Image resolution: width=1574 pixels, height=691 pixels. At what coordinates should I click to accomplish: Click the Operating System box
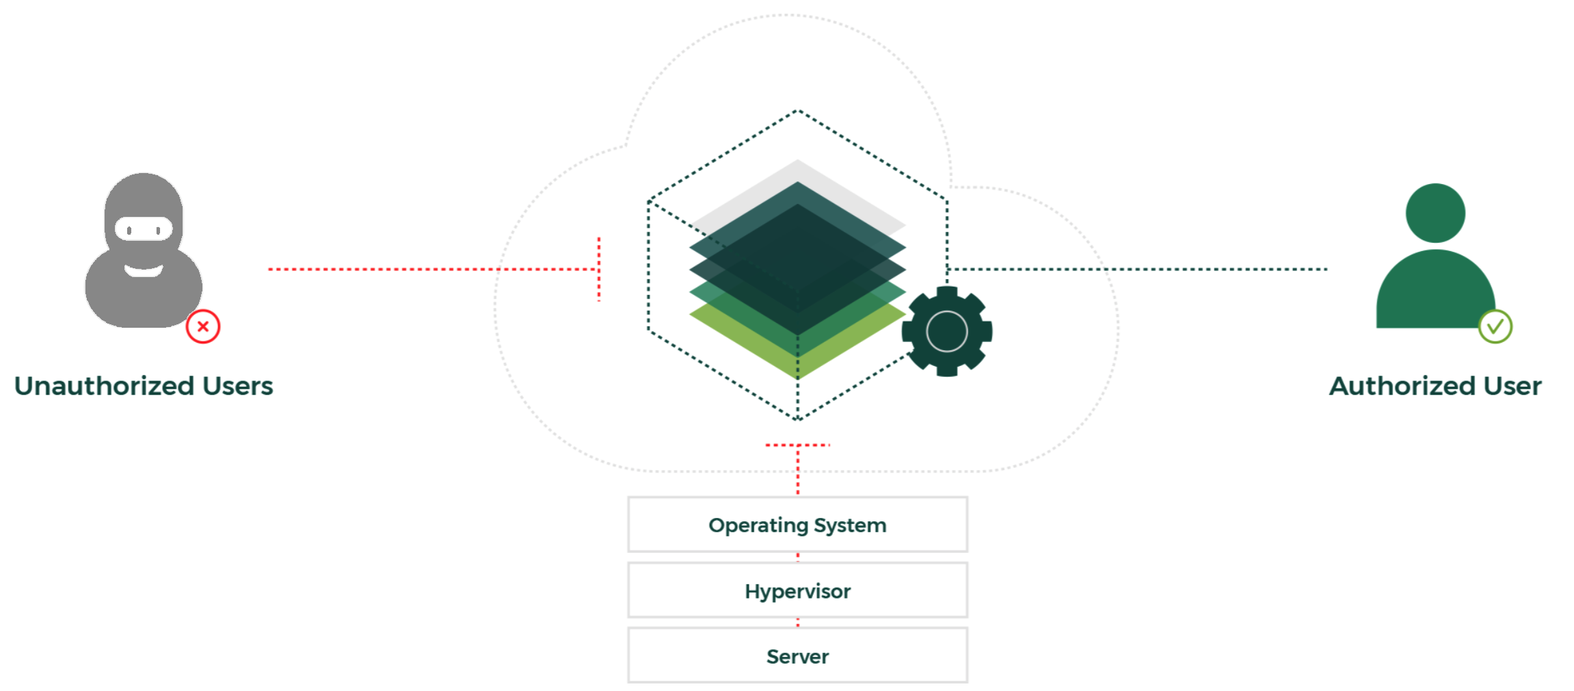pyautogui.click(x=797, y=525)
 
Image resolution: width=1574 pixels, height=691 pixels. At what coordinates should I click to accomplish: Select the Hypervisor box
pyautogui.click(x=797, y=590)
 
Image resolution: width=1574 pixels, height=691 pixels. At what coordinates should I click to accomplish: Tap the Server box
pyautogui.click(x=797, y=656)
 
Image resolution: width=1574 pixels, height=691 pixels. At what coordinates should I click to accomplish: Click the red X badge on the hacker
pyautogui.click(x=203, y=327)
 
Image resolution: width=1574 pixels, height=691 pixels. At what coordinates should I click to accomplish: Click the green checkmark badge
pyautogui.click(x=1495, y=327)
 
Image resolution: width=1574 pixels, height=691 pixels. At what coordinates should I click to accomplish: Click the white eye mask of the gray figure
pyautogui.click(x=144, y=229)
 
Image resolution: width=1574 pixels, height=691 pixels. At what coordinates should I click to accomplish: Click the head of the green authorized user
pyautogui.click(x=1435, y=213)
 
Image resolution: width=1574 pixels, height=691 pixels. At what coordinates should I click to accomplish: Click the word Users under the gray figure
pyautogui.click(x=237, y=387)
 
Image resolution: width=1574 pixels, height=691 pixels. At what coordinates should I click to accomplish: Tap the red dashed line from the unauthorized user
pyautogui.click(x=383, y=270)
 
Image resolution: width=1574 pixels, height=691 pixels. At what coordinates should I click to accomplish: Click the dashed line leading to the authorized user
pyautogui.click(x=1217, y=270)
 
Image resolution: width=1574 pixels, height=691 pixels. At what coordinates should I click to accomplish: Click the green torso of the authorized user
pyautogui.click(x=1435, y=294)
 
